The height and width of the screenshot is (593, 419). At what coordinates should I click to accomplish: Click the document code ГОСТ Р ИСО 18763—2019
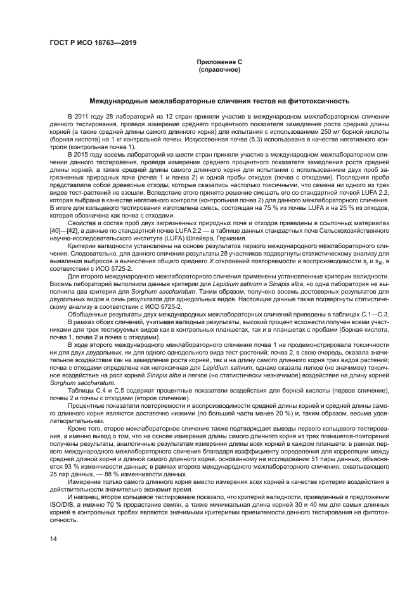click(x=93, y=43)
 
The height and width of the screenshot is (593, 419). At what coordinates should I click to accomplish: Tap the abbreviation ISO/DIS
click(x=62, y=497)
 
